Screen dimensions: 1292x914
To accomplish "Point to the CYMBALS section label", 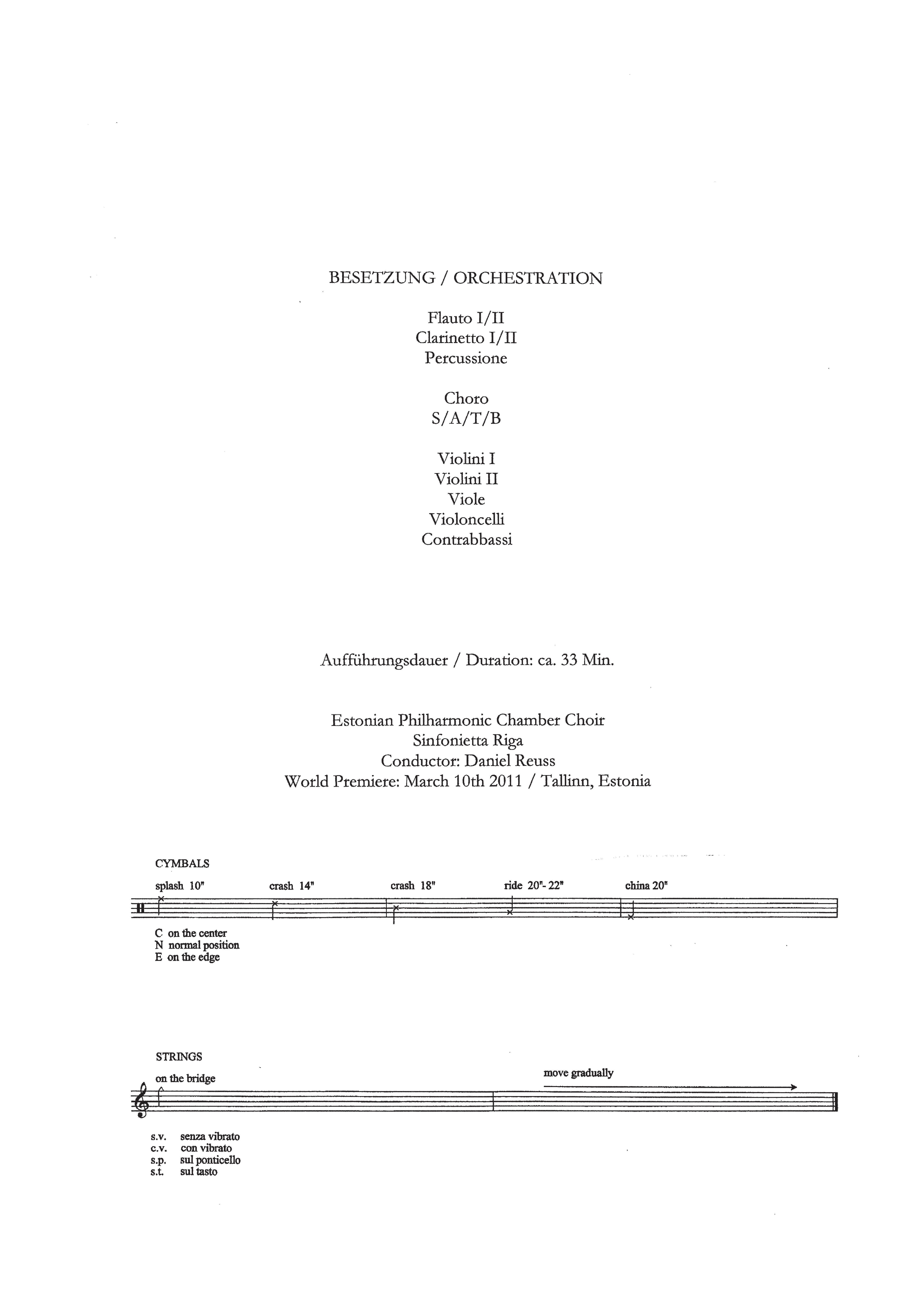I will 182,864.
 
